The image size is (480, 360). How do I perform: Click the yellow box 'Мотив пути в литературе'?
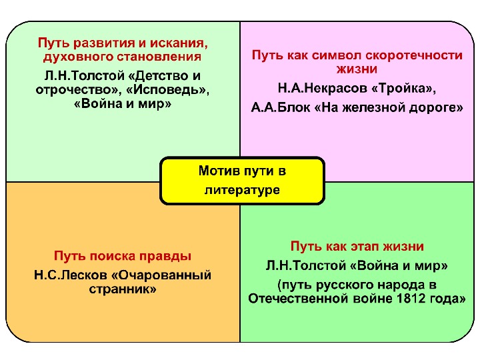[242, 180]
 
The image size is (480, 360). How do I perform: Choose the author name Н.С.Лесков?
[66, 275]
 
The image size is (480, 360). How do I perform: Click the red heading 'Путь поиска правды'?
[123, 257]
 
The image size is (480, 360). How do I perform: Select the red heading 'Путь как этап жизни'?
[357, 247]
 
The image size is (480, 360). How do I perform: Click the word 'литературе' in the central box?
[242, 190]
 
